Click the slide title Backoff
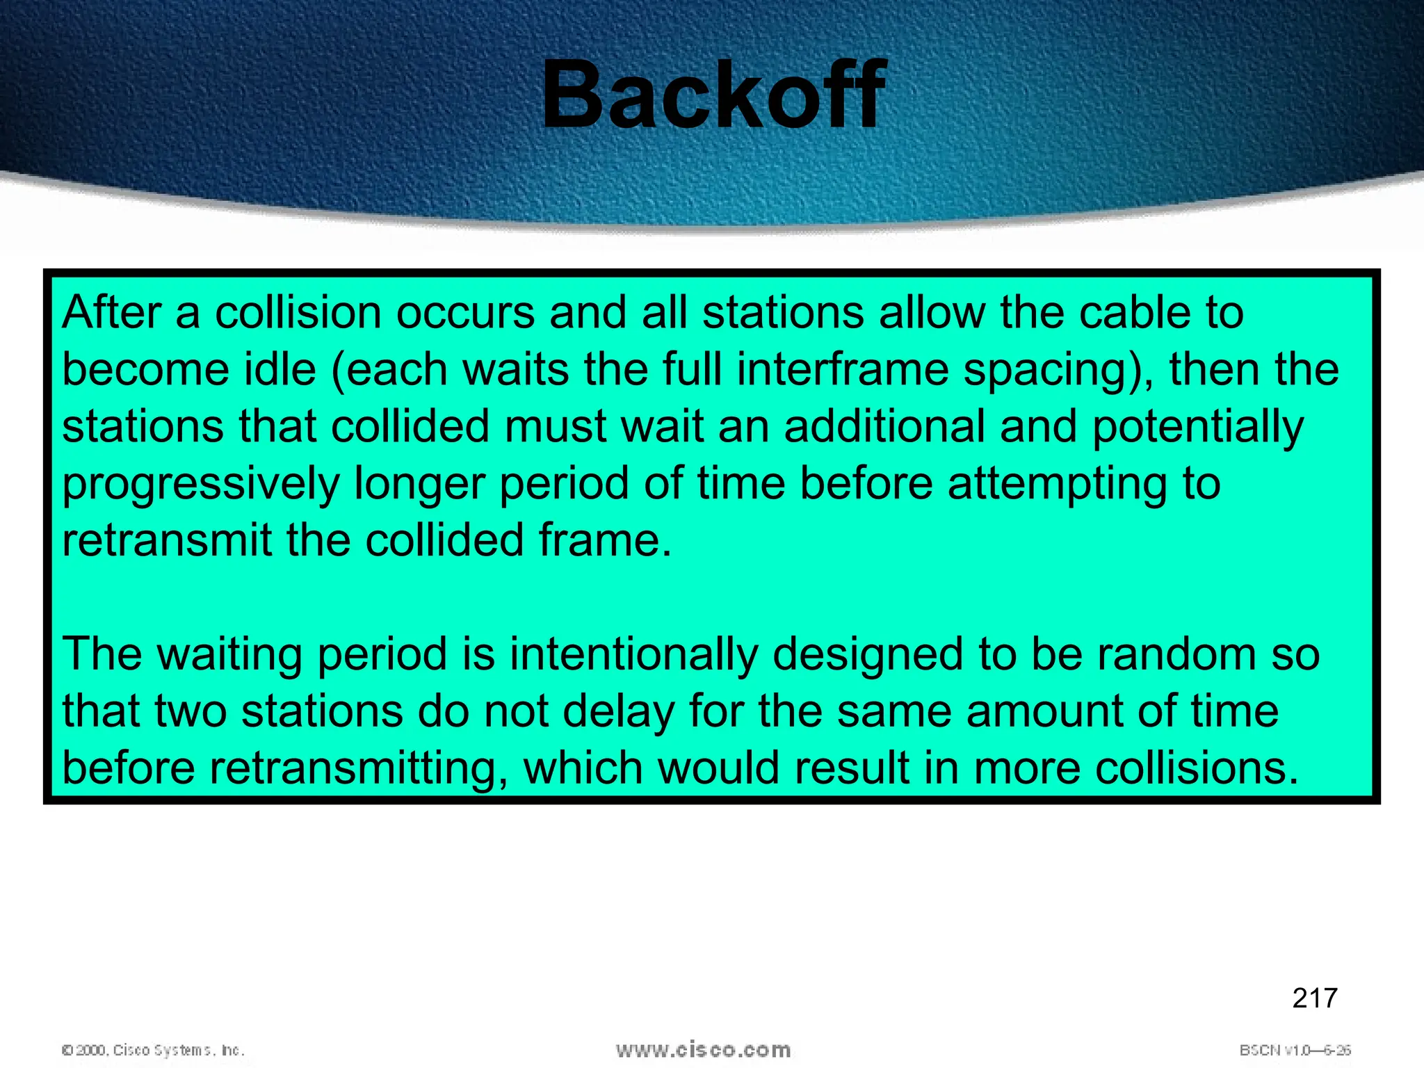(x=713, y=95)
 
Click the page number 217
(x=1314, y=998)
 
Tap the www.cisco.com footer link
(x=703, y=1049)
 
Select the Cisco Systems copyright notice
(x=154, y=1050)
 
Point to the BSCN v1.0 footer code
(x=1295, y=1050)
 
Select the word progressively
(x=201, y=484)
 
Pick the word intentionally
(x=633, y=654)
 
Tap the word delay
(x=619, y=711)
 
